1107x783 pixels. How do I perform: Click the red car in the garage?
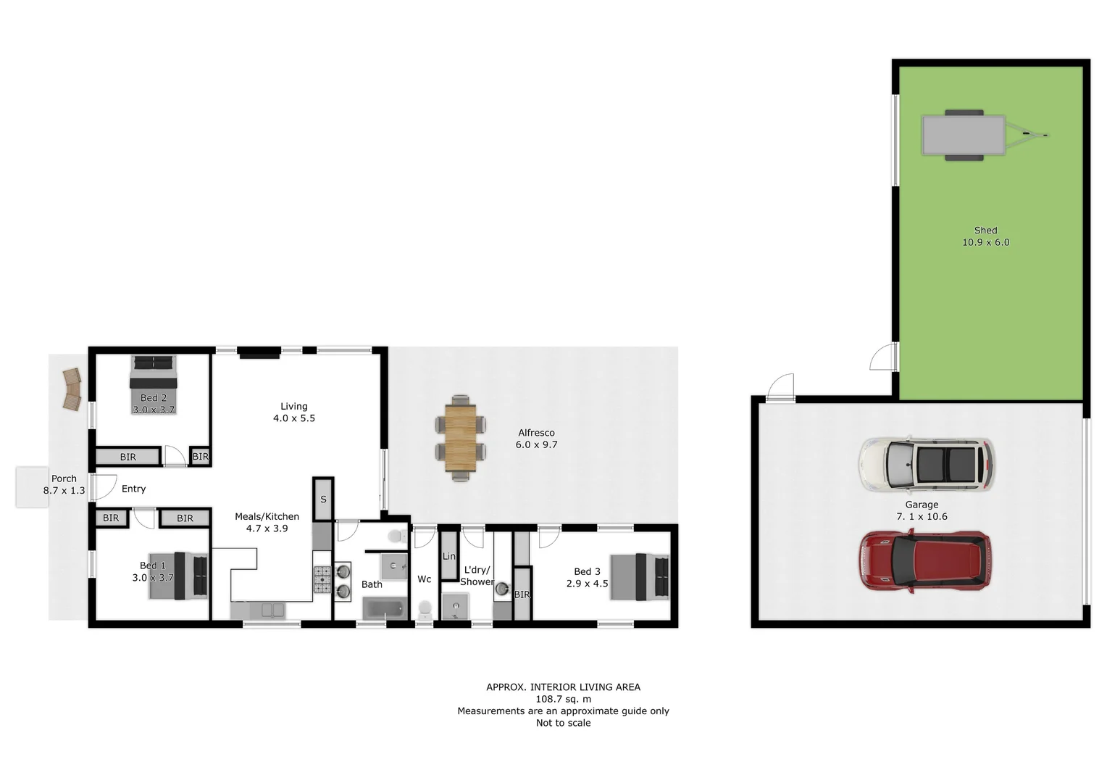(x=924, y=560)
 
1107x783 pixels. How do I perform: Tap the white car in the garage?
(x=925, y=465)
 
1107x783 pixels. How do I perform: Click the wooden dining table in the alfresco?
(x=460, y=437)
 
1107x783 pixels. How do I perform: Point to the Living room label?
(x=294, y=407)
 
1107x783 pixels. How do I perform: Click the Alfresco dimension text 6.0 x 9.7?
(x=536, y=444)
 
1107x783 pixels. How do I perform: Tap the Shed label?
(x=985, y=231)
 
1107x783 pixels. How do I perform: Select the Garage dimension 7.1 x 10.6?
(x=922, y=516)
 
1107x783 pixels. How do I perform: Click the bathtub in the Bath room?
(x=385, y=608)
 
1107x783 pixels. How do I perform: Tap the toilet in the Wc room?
(x=425, y=610)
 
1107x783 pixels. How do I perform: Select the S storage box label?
(x=323, y=500)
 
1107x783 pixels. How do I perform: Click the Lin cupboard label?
(x=448, y=556)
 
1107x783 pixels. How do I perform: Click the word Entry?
(x=133, y=489)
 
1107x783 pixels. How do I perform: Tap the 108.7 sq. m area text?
(x=563, y=699)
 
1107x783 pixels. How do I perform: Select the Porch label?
(x=64, y=478)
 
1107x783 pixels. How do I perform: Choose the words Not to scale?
(x=563, y=723)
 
